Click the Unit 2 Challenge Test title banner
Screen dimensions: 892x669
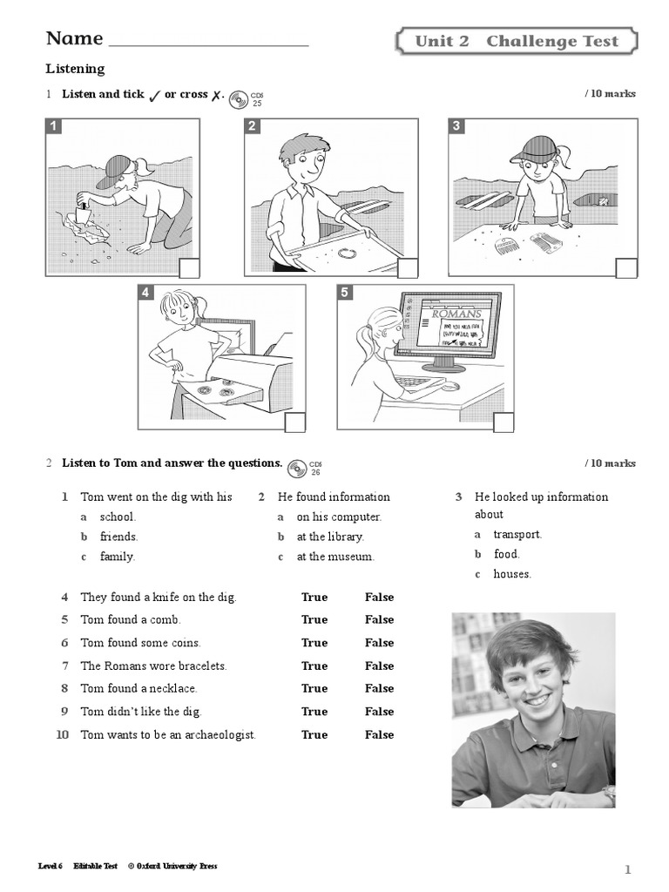point(517,41)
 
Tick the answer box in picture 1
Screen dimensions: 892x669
point(188,268)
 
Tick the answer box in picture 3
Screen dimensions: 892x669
point(625,268)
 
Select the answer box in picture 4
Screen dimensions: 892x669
point(294,422)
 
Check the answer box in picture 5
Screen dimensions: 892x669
point(503,422)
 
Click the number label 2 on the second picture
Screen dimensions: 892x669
point(253,127)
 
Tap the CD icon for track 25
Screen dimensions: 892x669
point(239,98)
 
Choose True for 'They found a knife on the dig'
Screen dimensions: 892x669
point(314,598)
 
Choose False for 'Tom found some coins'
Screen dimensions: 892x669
point(379,643)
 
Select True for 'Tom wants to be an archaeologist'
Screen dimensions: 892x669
point(314,734)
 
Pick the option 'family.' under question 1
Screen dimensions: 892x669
point(117,557)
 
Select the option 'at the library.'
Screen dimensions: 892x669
point(330,537)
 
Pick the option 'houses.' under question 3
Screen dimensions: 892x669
point(512,574)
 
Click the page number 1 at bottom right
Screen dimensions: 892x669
point(627,869)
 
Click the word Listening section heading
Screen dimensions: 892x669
point(75,69)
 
